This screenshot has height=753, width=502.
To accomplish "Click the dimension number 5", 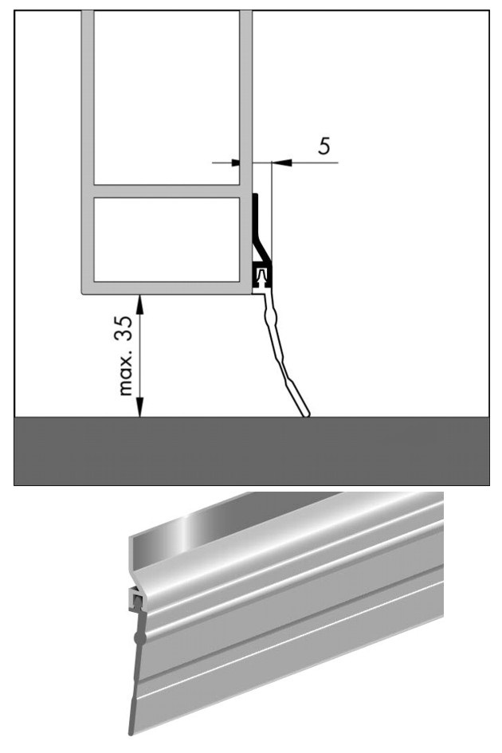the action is tap(325, 146).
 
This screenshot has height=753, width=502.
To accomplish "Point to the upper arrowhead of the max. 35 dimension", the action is tap(139, 304).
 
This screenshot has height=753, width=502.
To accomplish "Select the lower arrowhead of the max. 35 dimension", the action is tap(139, 407).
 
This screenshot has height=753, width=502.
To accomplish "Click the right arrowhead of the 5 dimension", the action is tap(281, 163).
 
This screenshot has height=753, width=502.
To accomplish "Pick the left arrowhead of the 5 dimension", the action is tap(235, 163).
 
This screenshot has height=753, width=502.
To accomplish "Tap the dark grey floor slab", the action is tap(252, 451).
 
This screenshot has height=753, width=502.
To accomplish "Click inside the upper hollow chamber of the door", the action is tap(167, 97).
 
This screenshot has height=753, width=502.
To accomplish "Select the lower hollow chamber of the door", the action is tap(167, 239).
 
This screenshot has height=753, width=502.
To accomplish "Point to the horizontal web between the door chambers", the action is tap(167, 191).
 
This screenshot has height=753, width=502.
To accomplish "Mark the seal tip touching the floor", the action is tap(306, 414).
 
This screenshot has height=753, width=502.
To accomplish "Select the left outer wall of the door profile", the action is tap(88, 149).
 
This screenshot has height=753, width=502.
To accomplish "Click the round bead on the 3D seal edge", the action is tap(139, 638).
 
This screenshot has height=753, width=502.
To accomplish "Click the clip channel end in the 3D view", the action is tap(136, 599).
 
